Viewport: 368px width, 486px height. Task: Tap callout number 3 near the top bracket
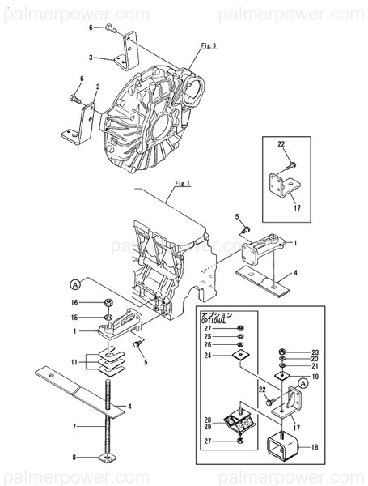pos(91,58)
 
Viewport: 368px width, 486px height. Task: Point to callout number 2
pos(97,87)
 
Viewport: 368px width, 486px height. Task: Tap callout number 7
pos(74,426)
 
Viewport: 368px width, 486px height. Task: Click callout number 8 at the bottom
pos(74,458)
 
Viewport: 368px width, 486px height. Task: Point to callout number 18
pos(315,447)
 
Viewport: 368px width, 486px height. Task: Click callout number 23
pos(315,352)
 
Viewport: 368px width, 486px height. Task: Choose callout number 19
pos(315,377)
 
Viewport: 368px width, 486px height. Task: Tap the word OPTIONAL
pos(214,321)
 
